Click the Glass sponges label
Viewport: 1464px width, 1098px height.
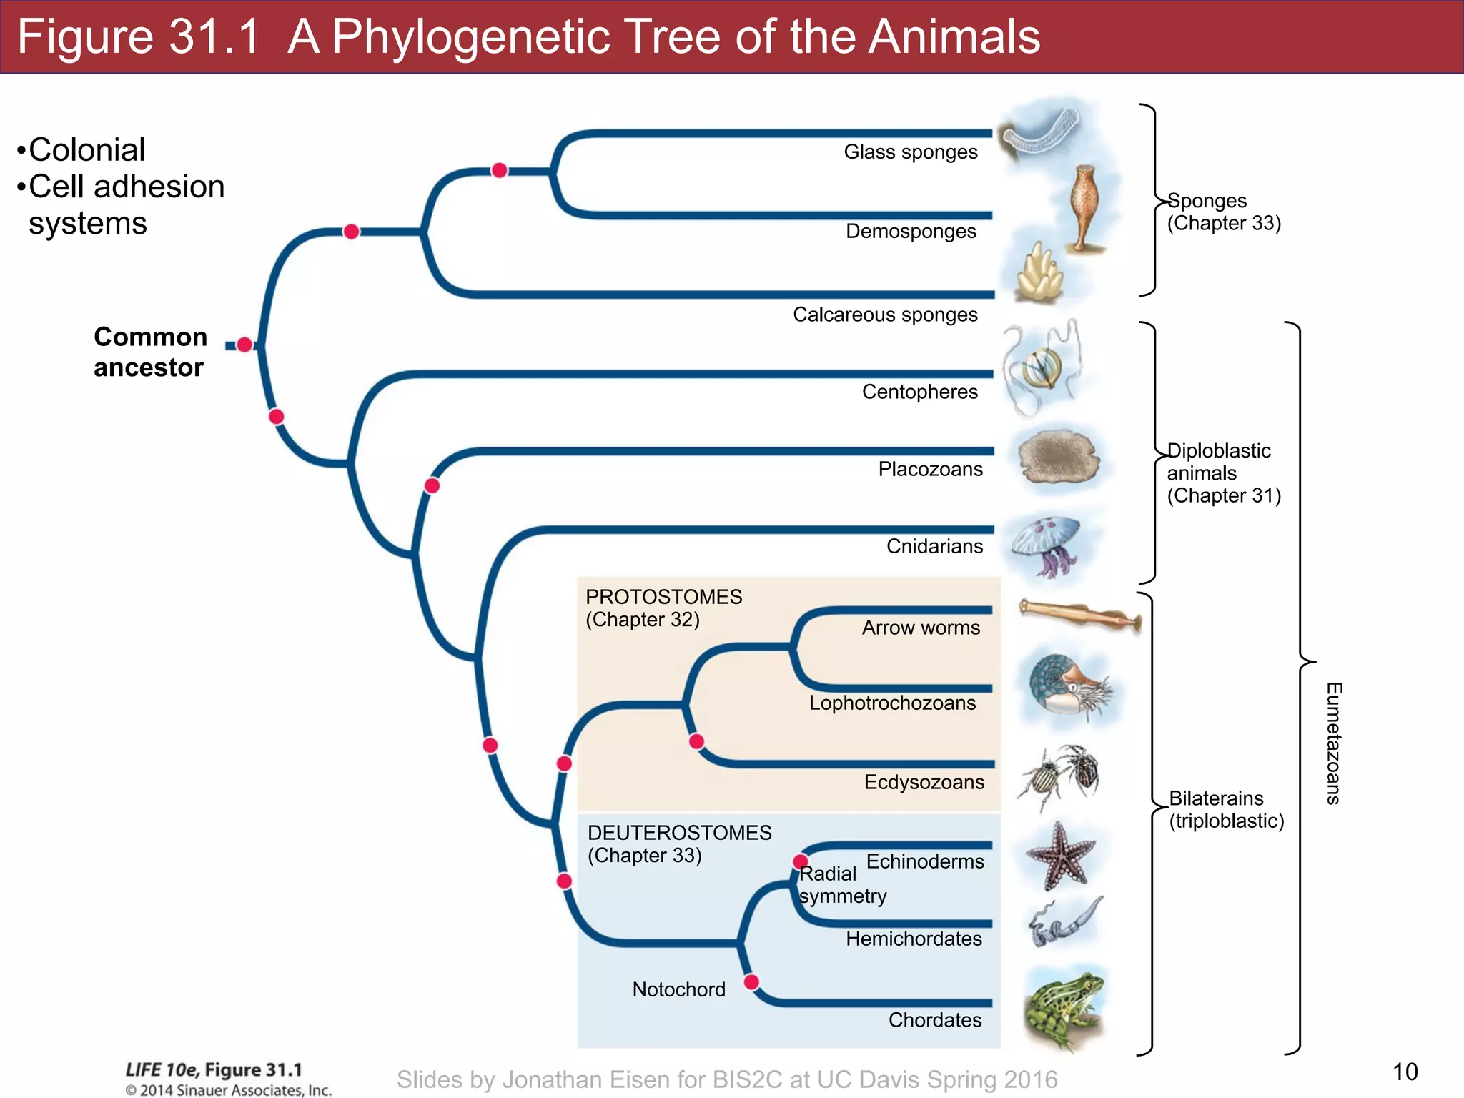pos(910,152)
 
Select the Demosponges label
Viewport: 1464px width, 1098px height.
pos(911,232)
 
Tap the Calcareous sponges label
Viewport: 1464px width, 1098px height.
pos(885,315)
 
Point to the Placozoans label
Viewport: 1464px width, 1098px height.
pos(930,469)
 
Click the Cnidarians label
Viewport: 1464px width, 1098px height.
pos(934,546)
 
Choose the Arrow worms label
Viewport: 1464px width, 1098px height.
pos(921,628)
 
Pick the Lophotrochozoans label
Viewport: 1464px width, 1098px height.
pos(892,703)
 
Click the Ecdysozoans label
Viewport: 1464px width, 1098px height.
pos(924,782)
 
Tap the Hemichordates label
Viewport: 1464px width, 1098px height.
pos(914,939)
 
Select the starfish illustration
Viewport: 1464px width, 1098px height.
pos(1060,856)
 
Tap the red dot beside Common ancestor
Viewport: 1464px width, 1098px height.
pos(244,345)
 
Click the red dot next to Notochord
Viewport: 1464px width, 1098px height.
pos(751,981)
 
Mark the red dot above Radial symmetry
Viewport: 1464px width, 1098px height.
pos(801,861)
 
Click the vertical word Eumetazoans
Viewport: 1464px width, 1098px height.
pos(1333,743)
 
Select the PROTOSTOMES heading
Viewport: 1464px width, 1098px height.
pos(663,597)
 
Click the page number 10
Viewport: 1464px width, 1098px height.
pos(1405,1072)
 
